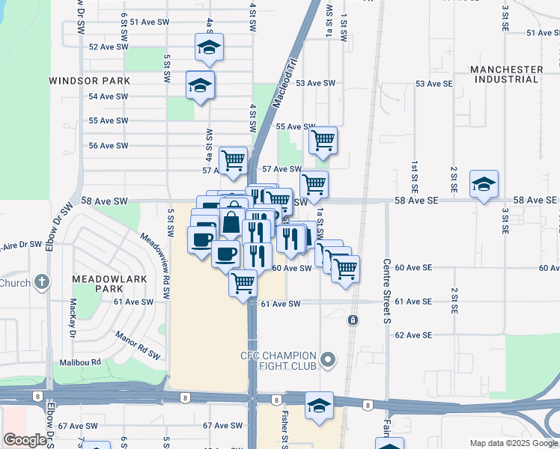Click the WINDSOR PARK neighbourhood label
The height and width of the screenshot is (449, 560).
click(90, 80)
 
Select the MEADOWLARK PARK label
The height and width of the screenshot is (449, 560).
click(97, 284)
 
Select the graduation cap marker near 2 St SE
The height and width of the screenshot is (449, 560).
click(484, 183)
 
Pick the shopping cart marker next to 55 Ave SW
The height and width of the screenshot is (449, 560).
click(323, 140)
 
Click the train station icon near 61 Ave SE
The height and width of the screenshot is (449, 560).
click(353, 320)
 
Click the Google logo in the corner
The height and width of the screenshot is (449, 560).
click(25, 440)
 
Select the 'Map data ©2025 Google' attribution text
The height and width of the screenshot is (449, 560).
click(513, 443)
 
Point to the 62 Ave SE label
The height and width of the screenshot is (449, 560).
click(413, 335)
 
